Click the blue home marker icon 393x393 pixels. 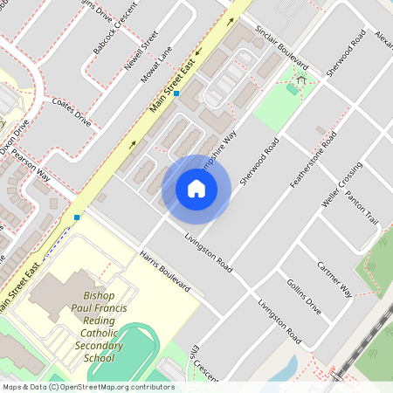196,189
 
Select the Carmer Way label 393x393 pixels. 334,278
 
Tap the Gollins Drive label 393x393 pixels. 303,296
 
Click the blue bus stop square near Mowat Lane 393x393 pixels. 176,93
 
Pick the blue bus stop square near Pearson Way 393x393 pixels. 77,217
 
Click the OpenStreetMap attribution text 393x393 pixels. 87,386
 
